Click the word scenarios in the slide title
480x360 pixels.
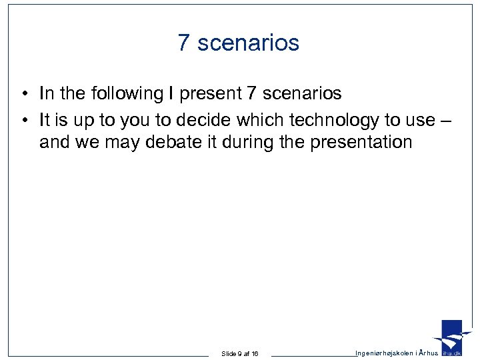[249, 43]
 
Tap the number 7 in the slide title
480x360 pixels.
[185, 43]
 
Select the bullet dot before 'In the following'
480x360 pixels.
[23, 94]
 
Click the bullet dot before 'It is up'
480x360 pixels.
[23, 119]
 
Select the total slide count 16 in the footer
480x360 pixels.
[254, 353]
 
